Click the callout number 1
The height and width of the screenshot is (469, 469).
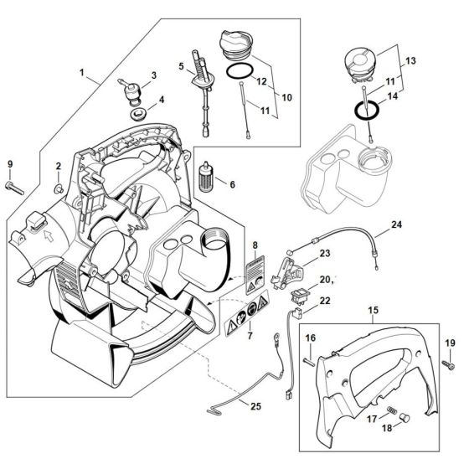click(x=81, y=73)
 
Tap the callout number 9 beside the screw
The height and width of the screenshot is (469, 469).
click(x=10, y=163)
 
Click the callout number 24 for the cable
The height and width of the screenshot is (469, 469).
click(x=396, y=225)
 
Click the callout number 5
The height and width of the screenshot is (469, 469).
click(x=181, y=65)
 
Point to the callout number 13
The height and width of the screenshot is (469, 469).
click(x=410, y=62)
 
